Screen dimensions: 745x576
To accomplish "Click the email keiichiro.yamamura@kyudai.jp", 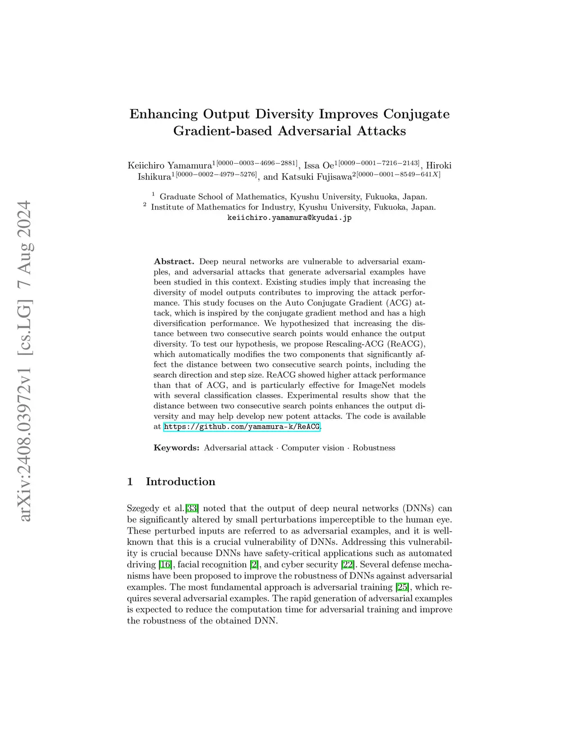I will click(x=289, y=218).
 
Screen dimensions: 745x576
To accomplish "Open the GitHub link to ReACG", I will click(x=242, y=427).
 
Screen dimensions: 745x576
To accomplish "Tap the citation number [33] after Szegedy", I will click(x=192, y=508).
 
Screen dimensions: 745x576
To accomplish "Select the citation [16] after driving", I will click(x=165, y=565).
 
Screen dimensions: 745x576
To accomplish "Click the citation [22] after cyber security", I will click(x=348, y=565).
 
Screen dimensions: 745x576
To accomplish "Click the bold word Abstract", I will click(x=174, y=261).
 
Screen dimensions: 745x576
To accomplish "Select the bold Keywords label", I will click(x=177, y=448).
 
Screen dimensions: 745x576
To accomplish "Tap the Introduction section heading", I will click(x=180, y=482).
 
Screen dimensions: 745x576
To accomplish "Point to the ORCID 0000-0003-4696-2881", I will click(x=256, y=163).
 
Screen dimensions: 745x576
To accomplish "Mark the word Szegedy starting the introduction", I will click(x=143, y=508).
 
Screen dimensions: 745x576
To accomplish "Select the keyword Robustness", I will click(x=373, y=448).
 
